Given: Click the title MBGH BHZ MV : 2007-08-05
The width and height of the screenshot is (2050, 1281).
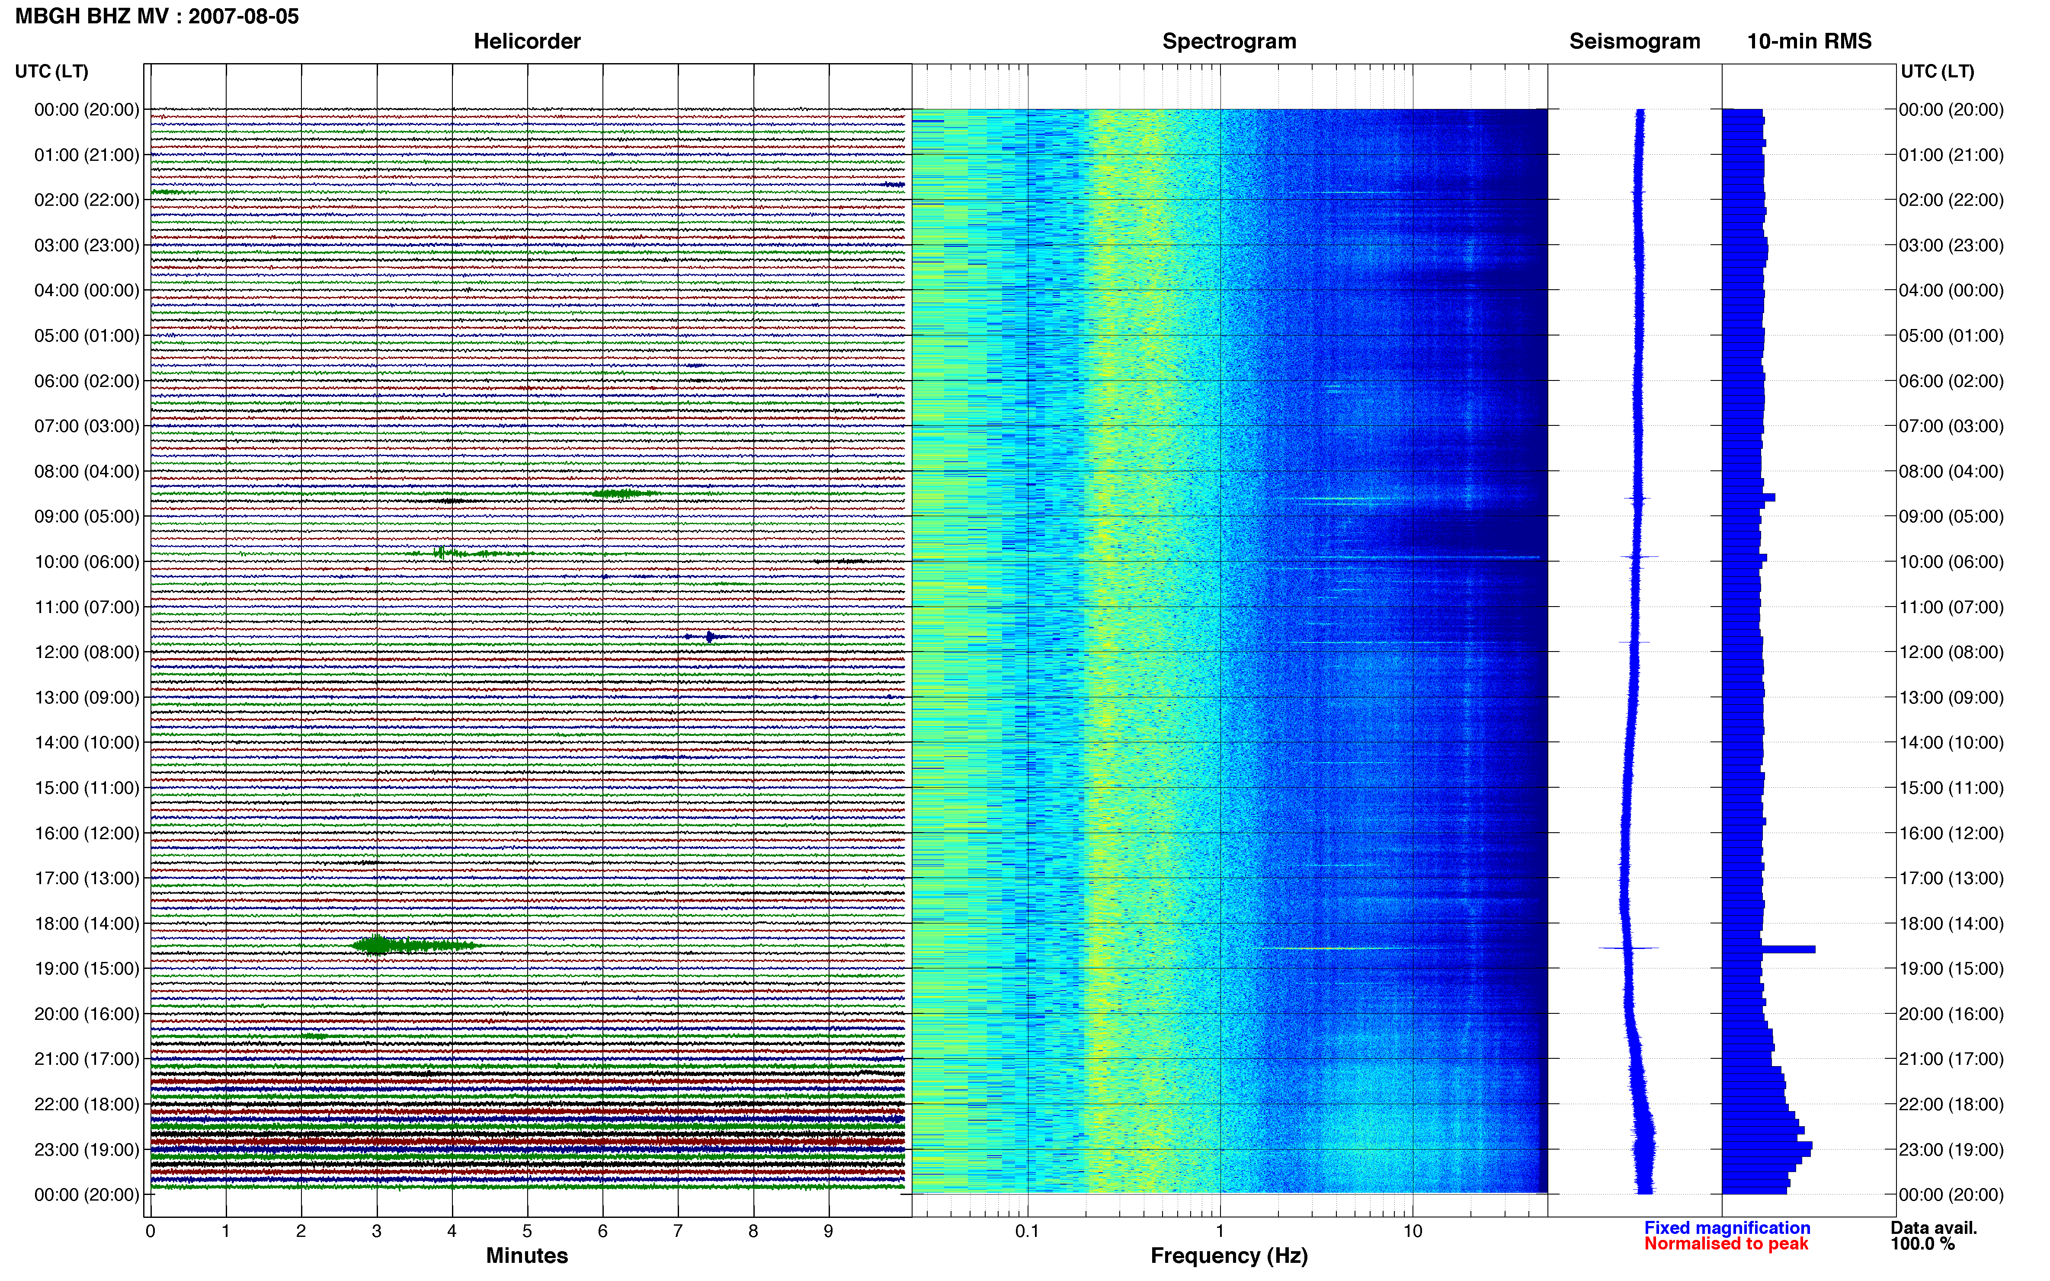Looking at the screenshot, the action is point(157,16).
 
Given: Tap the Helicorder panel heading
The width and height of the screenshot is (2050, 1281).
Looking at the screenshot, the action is point(527,42).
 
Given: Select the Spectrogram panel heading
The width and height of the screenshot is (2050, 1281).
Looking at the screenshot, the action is point(1229,42).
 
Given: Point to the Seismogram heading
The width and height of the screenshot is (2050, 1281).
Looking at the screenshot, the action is point(1635,42).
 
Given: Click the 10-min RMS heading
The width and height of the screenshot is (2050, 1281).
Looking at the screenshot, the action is point(1810,42).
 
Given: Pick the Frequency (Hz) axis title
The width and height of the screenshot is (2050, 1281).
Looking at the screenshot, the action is point(1229,1255).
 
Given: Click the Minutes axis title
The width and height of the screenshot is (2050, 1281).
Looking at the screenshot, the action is point(527,1255).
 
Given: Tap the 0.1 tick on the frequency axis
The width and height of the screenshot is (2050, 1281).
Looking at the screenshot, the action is point(1027,1231).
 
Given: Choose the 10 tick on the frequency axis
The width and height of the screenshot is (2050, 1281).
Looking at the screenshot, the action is point(1413,1231).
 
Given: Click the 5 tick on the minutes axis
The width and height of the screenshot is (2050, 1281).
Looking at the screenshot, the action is point(527,1231).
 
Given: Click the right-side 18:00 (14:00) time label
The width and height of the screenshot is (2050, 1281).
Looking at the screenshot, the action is point(1951,923).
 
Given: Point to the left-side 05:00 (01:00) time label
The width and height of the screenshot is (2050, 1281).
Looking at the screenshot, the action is point(86,335).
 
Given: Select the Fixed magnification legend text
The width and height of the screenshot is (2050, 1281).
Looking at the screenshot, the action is point(1727,1228).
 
